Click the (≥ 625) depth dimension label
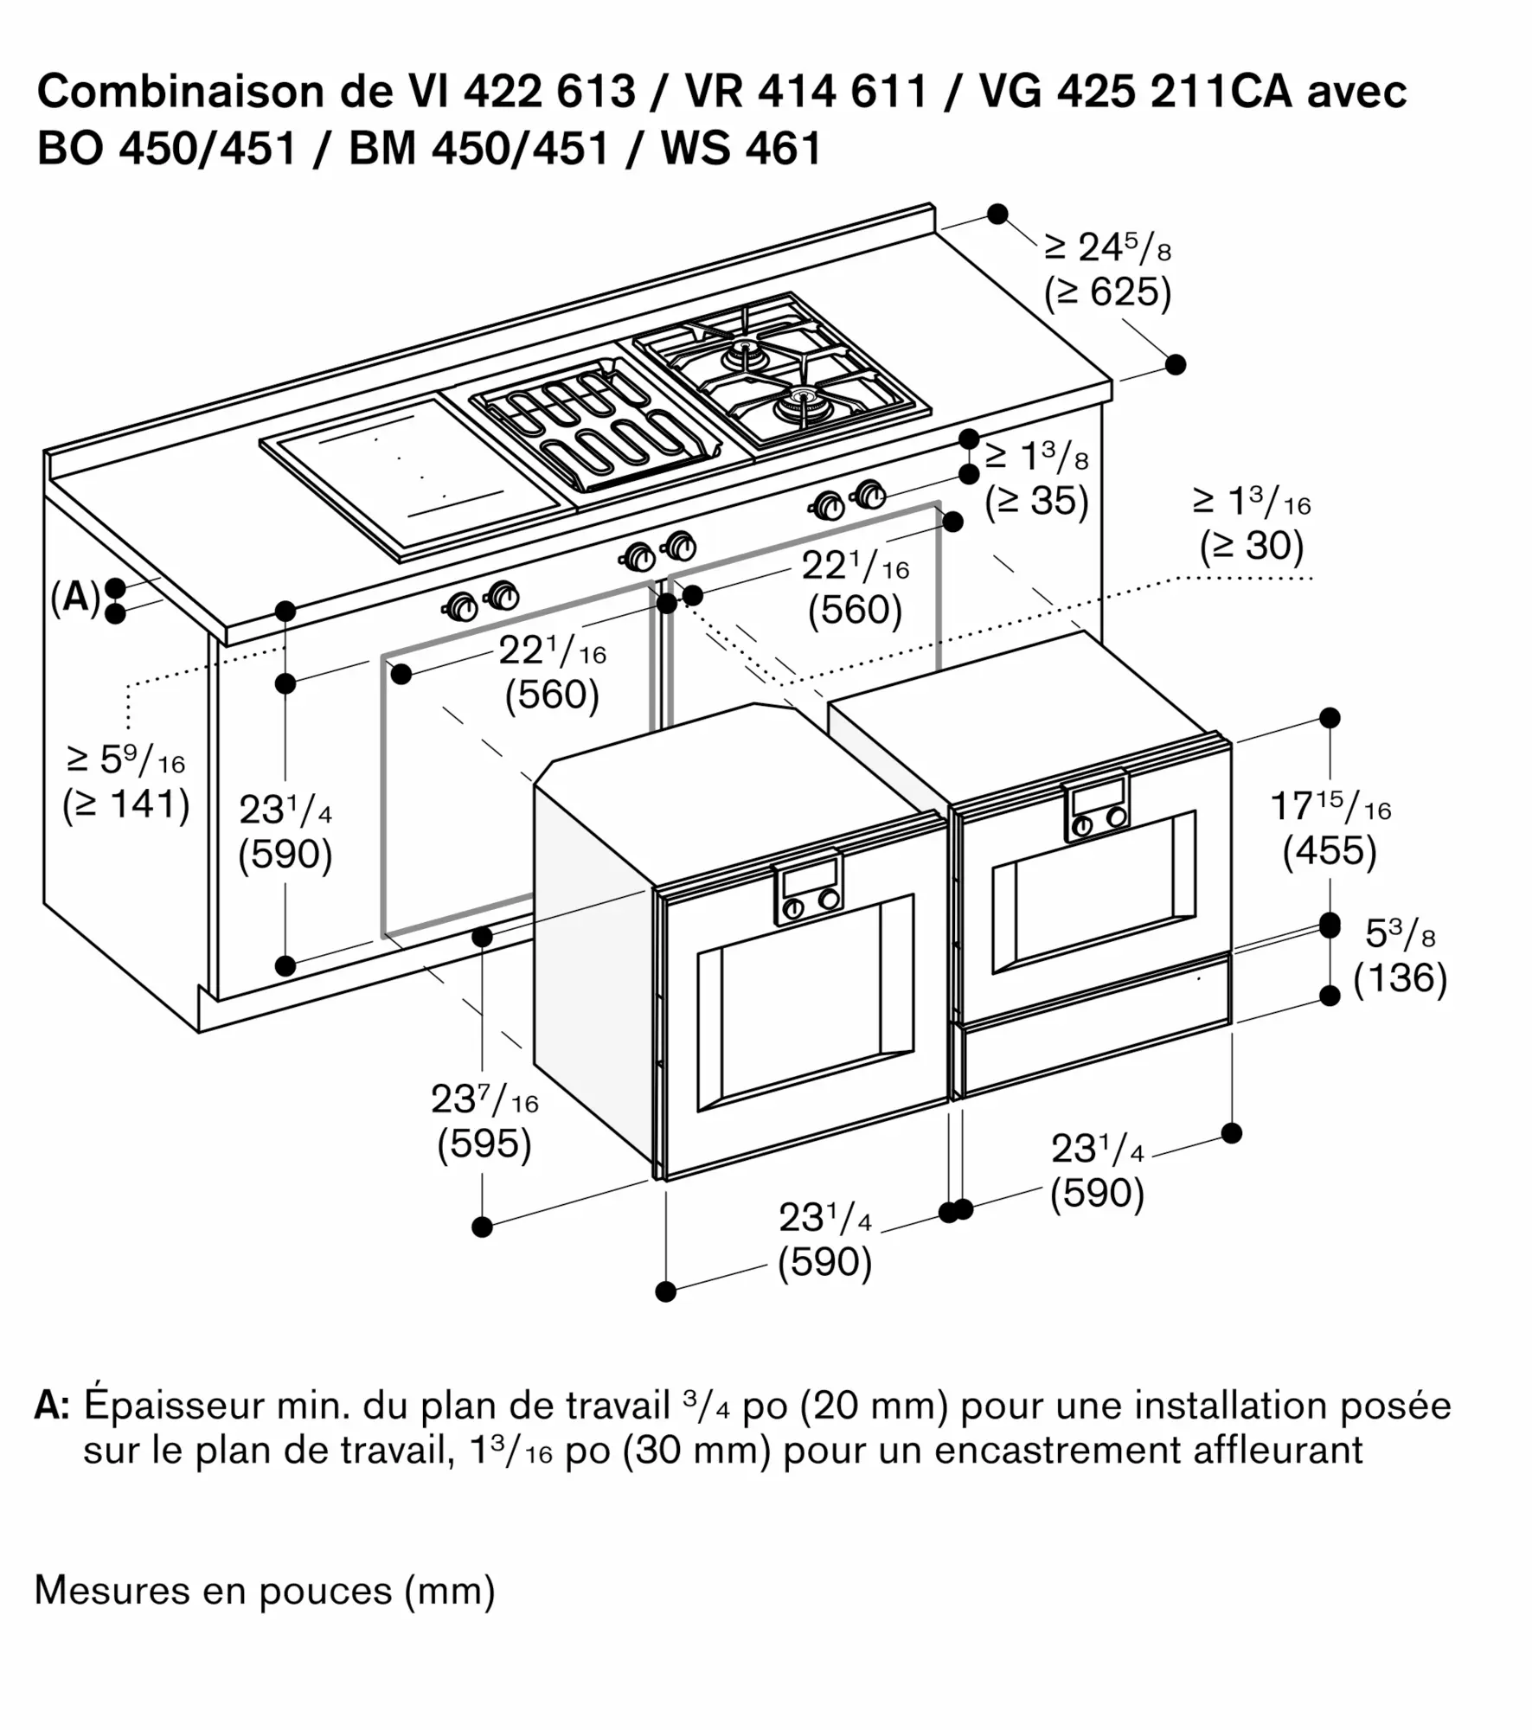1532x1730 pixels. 1107,292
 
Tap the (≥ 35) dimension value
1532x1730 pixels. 1035,502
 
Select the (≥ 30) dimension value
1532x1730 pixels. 1251,546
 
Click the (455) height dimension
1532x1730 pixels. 1330,851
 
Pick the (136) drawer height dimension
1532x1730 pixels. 1400,978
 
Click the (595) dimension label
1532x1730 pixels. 484,1144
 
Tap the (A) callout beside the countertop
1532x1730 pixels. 75,597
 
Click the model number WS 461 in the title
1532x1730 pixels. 740,148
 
